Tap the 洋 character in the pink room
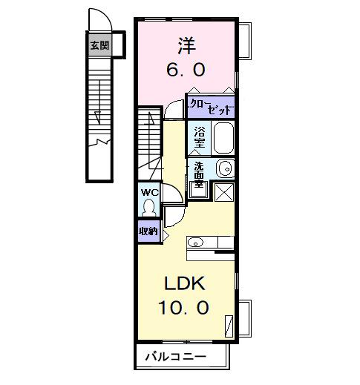click(x=186, y=46)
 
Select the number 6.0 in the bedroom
click(x=186, y=70)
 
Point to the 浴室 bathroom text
click(x=200, y=137)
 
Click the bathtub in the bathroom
click(x=223, y=137)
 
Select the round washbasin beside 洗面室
click(x=226, y=169)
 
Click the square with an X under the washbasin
click(x=224, y=191)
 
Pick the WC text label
click(x=149, y=192)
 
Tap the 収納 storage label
click(x=148, y=231)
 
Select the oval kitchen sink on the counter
click(x=196, y=241)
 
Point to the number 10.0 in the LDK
click(x=184, y=307)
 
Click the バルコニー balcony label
click(x=180, y=358)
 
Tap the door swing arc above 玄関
click(x=96, y=21)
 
